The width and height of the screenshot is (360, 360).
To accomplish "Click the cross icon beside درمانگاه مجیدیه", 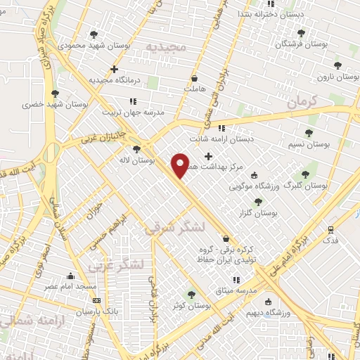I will tap(114, 69).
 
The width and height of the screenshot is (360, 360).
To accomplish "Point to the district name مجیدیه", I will tap(165, 46).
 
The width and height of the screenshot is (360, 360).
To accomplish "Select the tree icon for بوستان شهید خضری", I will tap(55, 93).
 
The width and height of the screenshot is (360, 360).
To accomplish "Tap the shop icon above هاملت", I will tap(194, 78).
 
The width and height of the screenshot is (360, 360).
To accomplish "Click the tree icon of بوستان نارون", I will tap(337, 65).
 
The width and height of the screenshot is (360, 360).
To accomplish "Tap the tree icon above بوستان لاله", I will tap(136, 149).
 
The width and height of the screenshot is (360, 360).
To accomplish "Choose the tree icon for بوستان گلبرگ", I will tap(304, 174).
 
